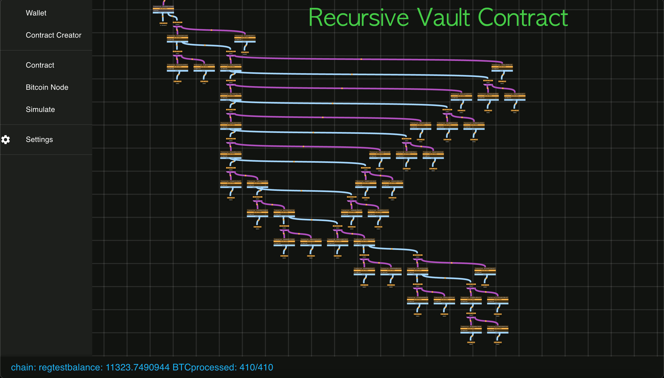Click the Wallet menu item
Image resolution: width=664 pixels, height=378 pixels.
[x=36, y=13]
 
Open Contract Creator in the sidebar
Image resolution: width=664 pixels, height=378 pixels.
[x=53, y=35]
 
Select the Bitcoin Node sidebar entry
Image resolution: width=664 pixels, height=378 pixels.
[x=47, y=87]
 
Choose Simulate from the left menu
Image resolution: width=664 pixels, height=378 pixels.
[x=40, y=109]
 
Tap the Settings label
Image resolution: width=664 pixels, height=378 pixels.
[x=39, y=139]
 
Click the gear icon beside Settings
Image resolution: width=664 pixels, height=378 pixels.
[x=6, y=140]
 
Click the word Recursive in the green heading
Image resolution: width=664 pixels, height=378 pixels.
[x=359, y=18]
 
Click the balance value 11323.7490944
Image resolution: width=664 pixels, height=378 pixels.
[x=137, y=367]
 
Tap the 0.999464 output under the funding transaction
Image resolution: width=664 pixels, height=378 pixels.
[x=163, y=24]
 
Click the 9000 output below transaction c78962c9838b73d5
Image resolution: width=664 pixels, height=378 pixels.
[x=502, y=82]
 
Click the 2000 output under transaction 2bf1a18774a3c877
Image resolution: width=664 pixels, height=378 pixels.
[x=485, y=286]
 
